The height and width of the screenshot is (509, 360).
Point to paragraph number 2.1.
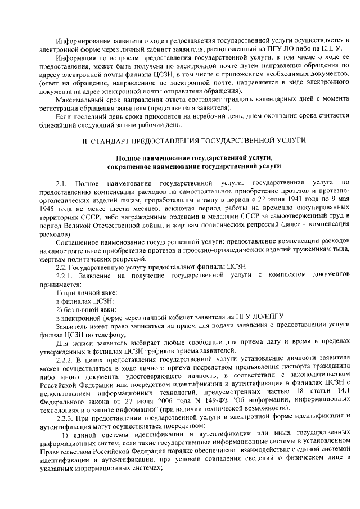click(x=61, y=183)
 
